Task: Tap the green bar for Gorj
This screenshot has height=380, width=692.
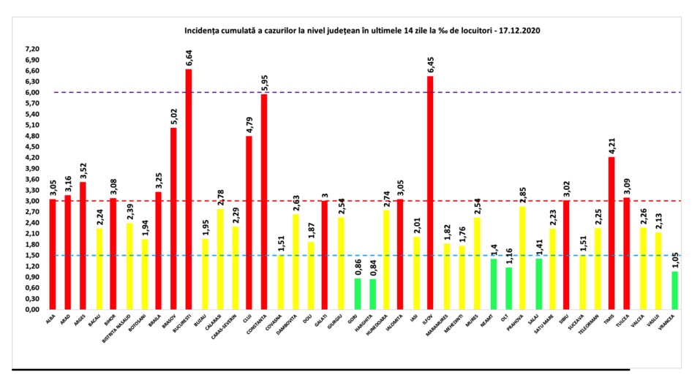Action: click(358, 293)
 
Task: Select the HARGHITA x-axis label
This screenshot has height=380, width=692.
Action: click(372, 324)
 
